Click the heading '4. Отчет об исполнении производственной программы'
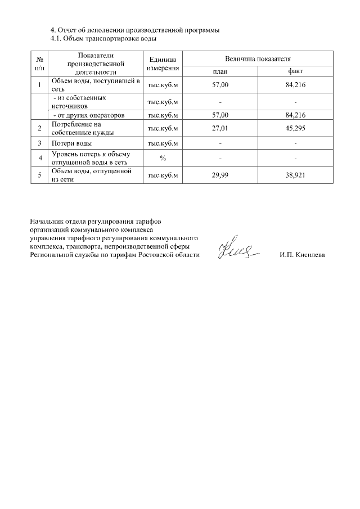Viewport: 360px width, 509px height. coord(135,30)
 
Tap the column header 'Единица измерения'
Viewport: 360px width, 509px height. coord(163,64)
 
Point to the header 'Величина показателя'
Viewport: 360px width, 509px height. coord(258,58)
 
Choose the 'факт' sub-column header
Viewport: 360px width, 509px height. coord(295,71)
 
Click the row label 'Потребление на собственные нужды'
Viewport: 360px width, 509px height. coord(83,128)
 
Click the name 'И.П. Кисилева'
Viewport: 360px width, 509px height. coord(302,255)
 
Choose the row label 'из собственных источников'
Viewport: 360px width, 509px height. coord(84,102)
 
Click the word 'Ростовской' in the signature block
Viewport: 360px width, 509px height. coord(157,255)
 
